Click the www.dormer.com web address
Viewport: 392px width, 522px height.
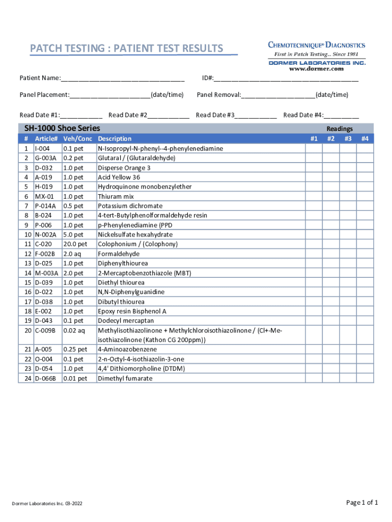[x=317, y=69]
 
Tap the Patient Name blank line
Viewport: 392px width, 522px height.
[x=122, y=79]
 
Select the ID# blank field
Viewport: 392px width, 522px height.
[x=286, y=79]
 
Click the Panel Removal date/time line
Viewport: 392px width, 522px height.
[x=278, y=95]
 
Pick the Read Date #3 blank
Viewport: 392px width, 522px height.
[x=256, y=116]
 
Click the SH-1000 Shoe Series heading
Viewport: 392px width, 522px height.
[x=60, y=128]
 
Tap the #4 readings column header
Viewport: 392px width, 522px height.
[x=365, y=139]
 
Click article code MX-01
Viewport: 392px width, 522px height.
[x=44, y=196]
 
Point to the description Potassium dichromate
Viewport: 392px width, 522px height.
[x=130, y=206]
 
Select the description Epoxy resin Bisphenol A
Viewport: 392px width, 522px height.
[x=132, y=311]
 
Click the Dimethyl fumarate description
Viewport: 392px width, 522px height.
[x=125, y=378]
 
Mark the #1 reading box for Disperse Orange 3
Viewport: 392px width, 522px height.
[x=314, y=168]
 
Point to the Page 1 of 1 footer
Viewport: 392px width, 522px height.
[x=362, y=503]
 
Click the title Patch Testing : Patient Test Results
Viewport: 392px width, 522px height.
[x=126, y=49]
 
